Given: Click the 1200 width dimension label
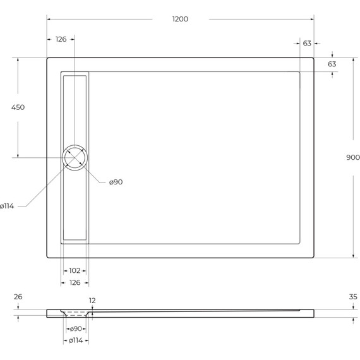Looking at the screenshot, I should click(x=180, y=19).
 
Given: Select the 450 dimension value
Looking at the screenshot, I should click(x=18, y=107).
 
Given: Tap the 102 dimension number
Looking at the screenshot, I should click(x=75, y=270).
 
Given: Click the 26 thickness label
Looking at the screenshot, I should click(x=18, y=297).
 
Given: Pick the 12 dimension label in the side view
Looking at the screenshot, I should click(x=93, y=301).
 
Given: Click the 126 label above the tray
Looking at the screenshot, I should click(x=61, y=39).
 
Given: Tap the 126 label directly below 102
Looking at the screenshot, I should click(x=75, y=282).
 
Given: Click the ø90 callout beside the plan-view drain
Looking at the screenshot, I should click(x=116, y=182).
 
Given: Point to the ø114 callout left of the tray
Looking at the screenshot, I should click(x=7, y=206).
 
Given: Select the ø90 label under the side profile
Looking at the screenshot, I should click(x=75, y=329).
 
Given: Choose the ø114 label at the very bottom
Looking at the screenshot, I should click(x=75, y=341).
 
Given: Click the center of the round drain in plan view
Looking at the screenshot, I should click(x=75, y=157).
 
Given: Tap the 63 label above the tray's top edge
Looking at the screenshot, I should click(x=307, y=43).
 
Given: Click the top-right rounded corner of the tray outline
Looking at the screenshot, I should click(x=312, y=60).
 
